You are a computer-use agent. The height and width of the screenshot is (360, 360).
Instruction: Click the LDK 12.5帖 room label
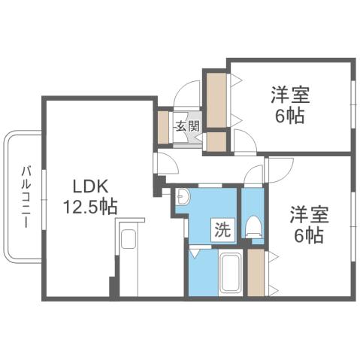[95, 195]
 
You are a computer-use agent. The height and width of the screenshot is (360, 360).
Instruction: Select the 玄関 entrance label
[188, 126]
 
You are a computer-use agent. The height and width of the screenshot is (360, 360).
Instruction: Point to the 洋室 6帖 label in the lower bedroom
[308, 224]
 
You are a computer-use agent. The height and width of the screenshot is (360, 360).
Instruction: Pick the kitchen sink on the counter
[128, 241]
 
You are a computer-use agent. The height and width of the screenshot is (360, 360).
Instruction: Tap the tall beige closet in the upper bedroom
[216, 98]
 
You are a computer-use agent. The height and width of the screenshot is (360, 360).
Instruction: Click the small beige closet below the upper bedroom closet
[216, 140]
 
